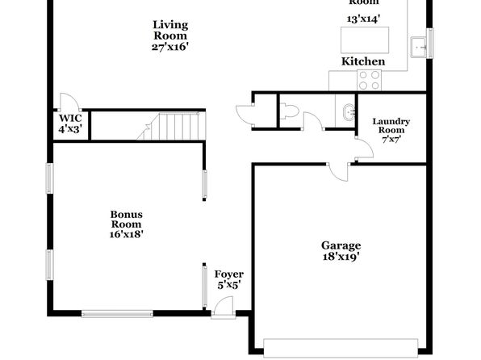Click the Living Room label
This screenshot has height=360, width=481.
click(x=170, y=30)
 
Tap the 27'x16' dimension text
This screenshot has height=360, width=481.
click(x=170, y=47)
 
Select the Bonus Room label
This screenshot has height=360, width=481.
click(x=127, y=219)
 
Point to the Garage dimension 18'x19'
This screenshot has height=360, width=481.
click(x=341, y=256)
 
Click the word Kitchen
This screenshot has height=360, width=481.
click(x=363, y=61)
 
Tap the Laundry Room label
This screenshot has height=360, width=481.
click(x=391, y=126)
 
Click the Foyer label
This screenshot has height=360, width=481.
click(x=229, y=274)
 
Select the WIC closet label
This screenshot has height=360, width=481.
click(x=70, y=118)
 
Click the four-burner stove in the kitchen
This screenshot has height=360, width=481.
click(x=369, y=80)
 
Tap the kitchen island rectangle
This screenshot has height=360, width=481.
click(x=365, y=40)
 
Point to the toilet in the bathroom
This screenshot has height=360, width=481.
click(x=289, y=111)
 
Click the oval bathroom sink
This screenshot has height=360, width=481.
click(x=349, y=112)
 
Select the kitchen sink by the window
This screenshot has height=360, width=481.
click(x=418, y=47)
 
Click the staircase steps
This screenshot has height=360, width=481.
click(x=178, y=127)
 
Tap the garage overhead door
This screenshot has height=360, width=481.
click(x=341, y=348)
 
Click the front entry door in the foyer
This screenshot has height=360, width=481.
click(x=224, y=307)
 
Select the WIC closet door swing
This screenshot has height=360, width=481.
click(x=70, y=102)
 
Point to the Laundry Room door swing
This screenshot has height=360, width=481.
click(x=364, y=149)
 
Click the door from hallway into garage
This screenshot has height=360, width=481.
click(x=339, y=172)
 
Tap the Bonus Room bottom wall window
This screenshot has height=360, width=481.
click(x=117, y=313)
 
